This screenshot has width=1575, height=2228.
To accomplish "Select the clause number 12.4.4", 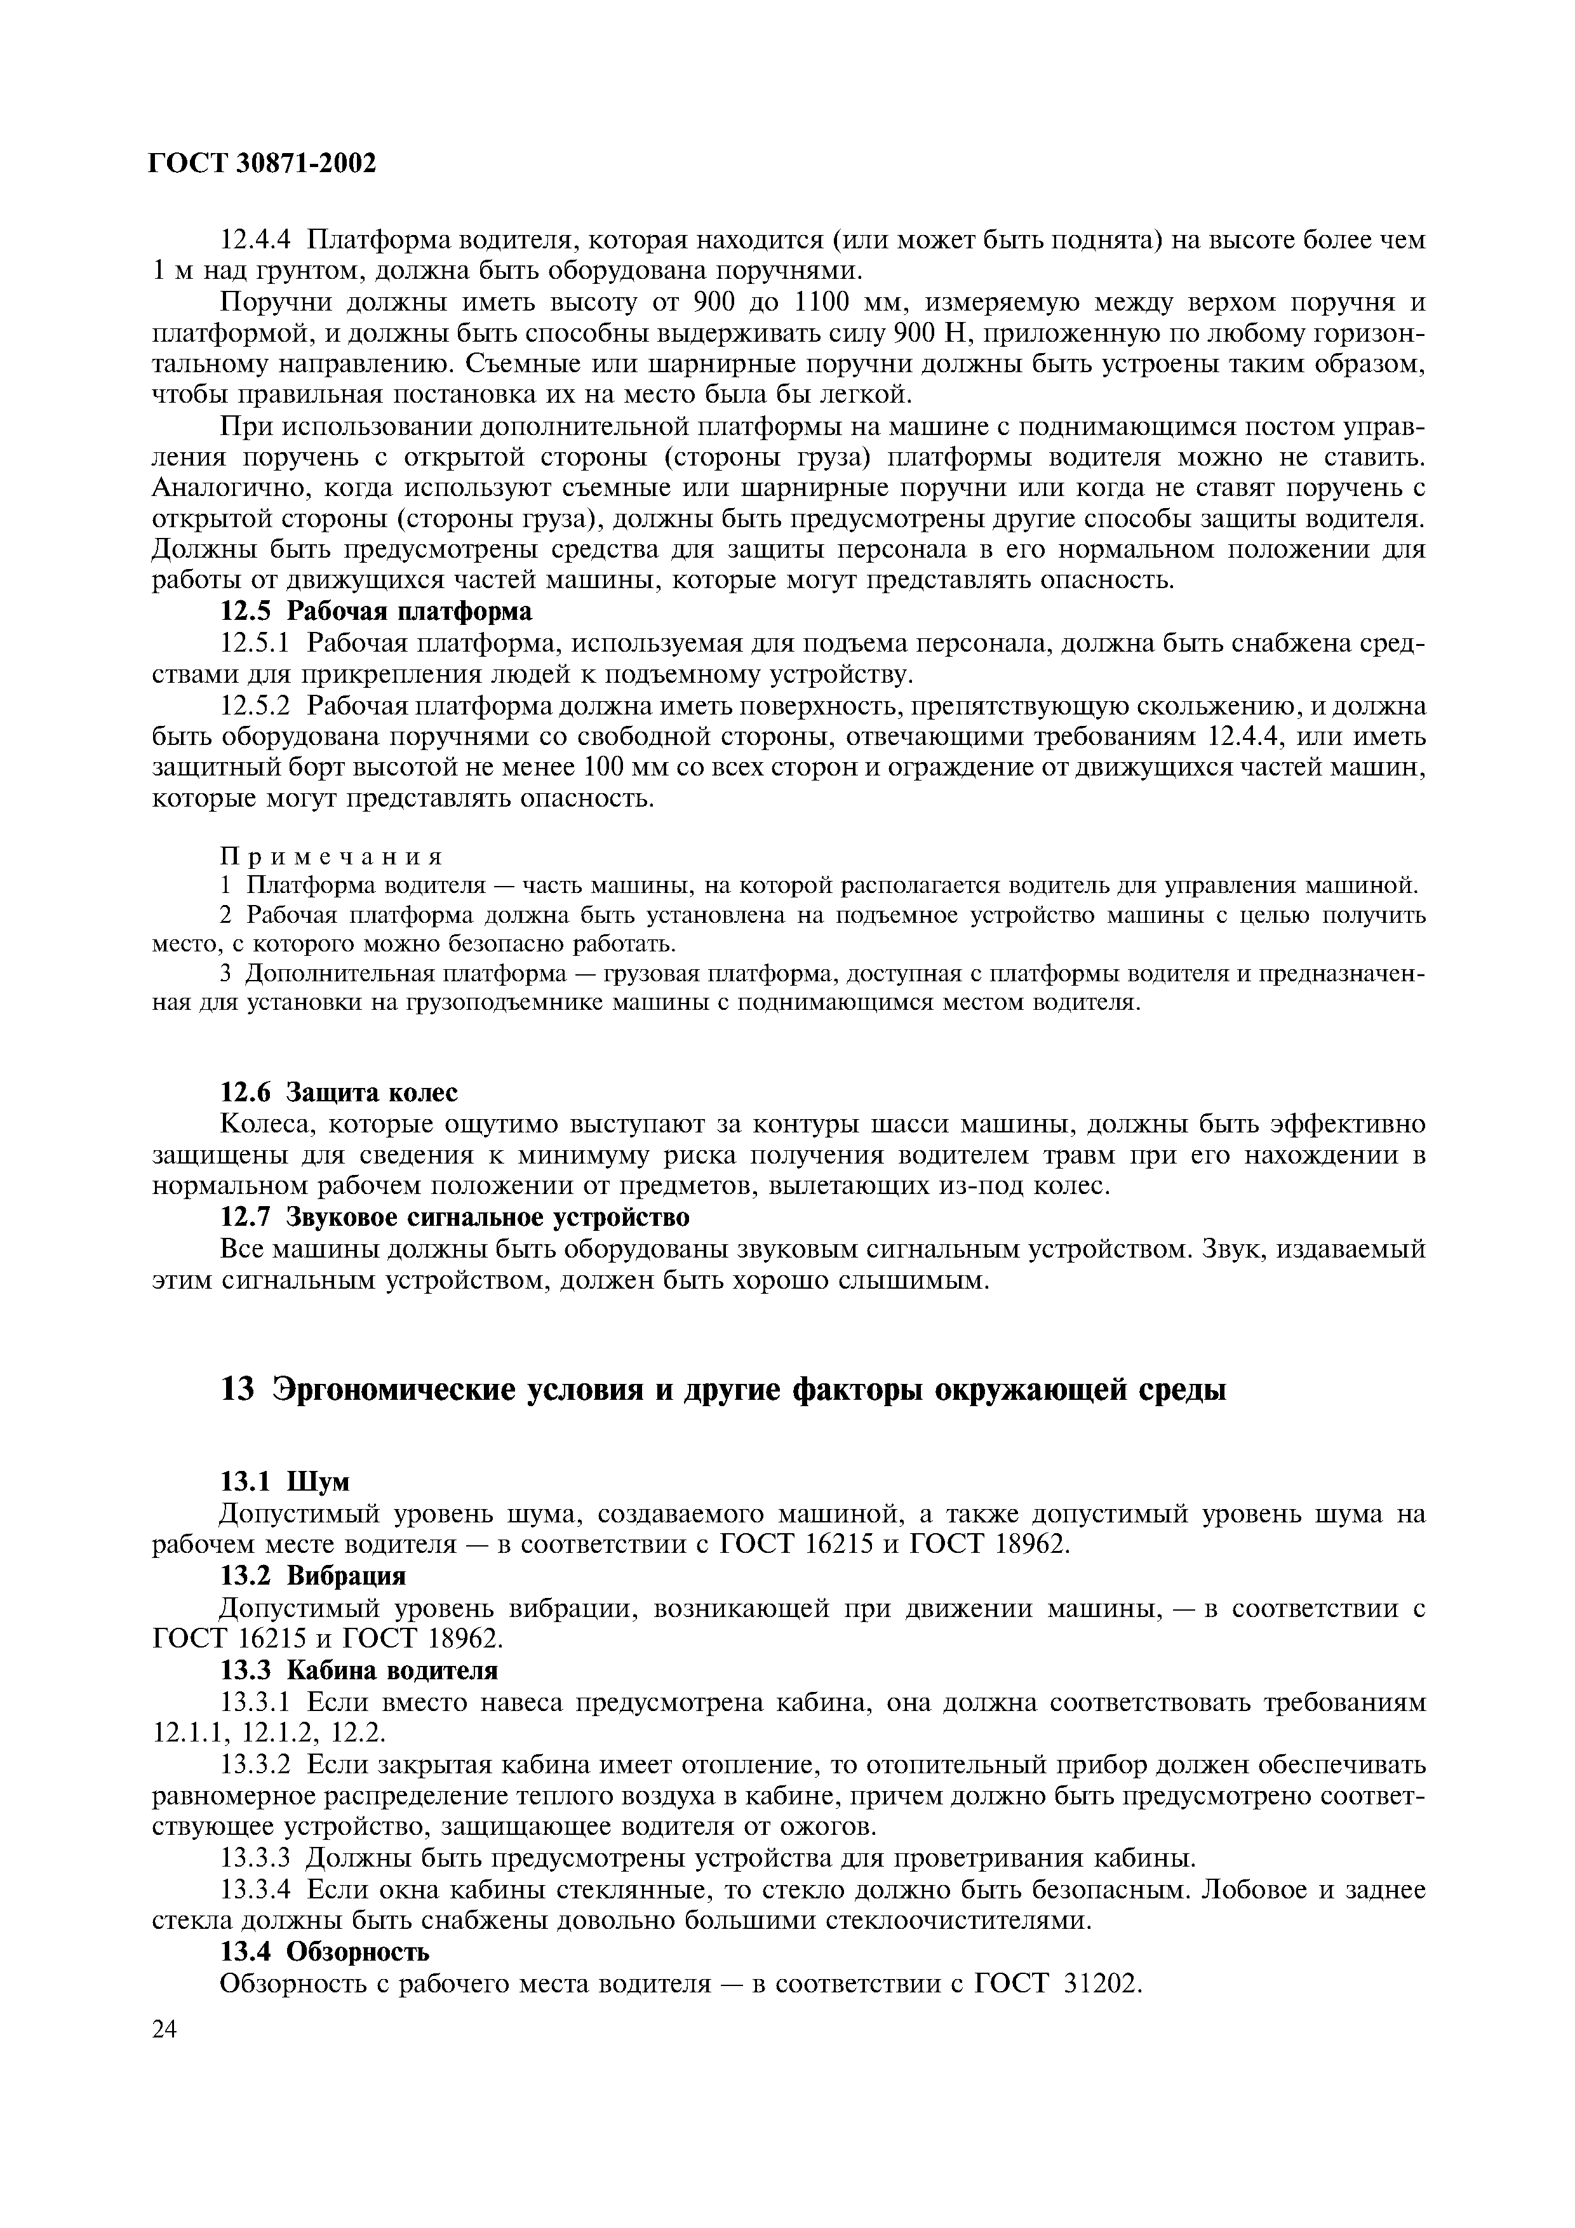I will pyautogui.click(x=257, y=239).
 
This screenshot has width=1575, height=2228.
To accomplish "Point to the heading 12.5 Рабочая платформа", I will pyautogui.click(x=377, y=612).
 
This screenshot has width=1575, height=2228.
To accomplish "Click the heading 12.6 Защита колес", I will pyautogui.click(x=340, y=1092).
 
